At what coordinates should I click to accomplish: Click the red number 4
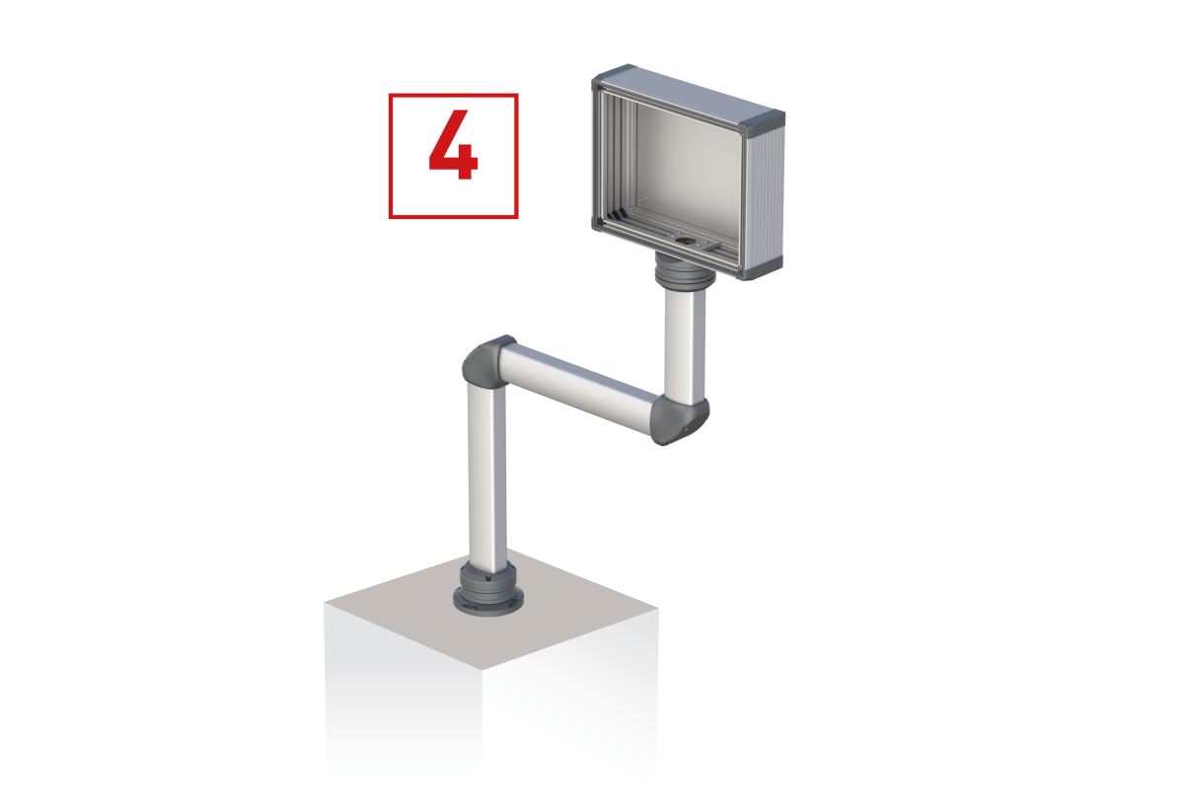(x=454, y=145)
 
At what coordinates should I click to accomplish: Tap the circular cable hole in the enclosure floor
(x=685, y=241)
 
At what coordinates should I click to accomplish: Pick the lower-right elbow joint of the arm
(x=680, y=421)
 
